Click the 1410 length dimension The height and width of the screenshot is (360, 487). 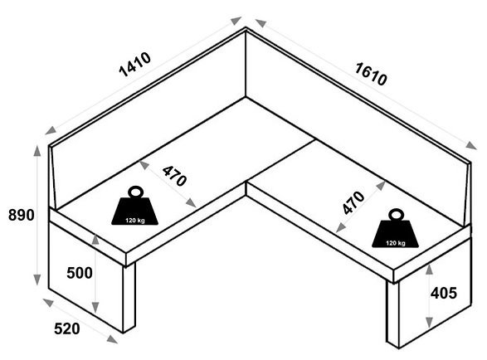[x=135, y=65]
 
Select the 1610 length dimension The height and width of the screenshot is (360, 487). [x=371, y=74]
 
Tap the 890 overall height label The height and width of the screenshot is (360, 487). [x=21, y=215]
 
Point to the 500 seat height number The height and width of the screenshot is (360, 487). [x=80, y=273]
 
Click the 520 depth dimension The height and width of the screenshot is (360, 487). [x=66, y=328]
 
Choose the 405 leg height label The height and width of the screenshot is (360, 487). [x=444, y=293]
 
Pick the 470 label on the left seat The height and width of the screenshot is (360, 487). [x=174, y=176]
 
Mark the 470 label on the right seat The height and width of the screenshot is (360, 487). [x=353, y=203]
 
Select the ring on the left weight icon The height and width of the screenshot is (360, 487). [x=135, y=192]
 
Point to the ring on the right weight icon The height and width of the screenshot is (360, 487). [x=396, y=215]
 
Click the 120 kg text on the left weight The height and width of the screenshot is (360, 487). [x=134, y=220]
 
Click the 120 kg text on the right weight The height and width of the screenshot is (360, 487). [x=396, y=243]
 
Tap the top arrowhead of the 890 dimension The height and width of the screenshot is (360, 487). [x=37, y=151]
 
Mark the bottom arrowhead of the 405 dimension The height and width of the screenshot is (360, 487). [x=429, y=322]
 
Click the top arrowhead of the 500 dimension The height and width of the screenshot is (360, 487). [x=95, y=240]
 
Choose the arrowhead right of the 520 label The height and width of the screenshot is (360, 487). [x=112, y=339]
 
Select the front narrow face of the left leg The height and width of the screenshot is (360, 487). [x=129, y=298]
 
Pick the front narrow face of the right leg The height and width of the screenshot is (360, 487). [x=393, y=314]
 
